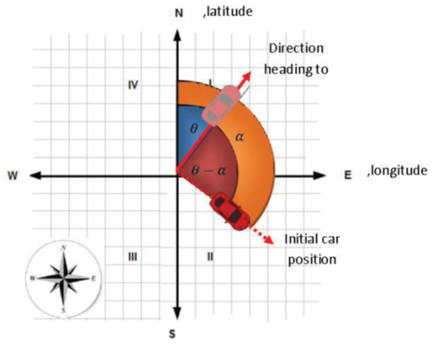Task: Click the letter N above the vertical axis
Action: (179, 13)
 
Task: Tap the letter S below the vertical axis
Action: (172, 334)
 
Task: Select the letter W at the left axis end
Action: (13, 176)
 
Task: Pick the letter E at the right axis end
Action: (348, 176)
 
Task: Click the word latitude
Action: (230, 11)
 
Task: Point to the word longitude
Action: (399, 171)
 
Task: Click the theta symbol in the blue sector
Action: (194, 128)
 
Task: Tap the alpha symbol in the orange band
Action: (239, 137)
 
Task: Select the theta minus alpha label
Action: (209, 171)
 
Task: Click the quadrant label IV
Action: (133, 85)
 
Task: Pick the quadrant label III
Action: (132, 257)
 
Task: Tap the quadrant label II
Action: (210, 257)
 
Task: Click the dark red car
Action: (230, 211)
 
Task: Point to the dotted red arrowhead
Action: (268, 239)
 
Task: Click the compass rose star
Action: (64, 278)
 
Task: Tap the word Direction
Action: (297, 48)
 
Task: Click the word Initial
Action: (300, 239)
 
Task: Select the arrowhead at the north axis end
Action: (177, 36)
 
